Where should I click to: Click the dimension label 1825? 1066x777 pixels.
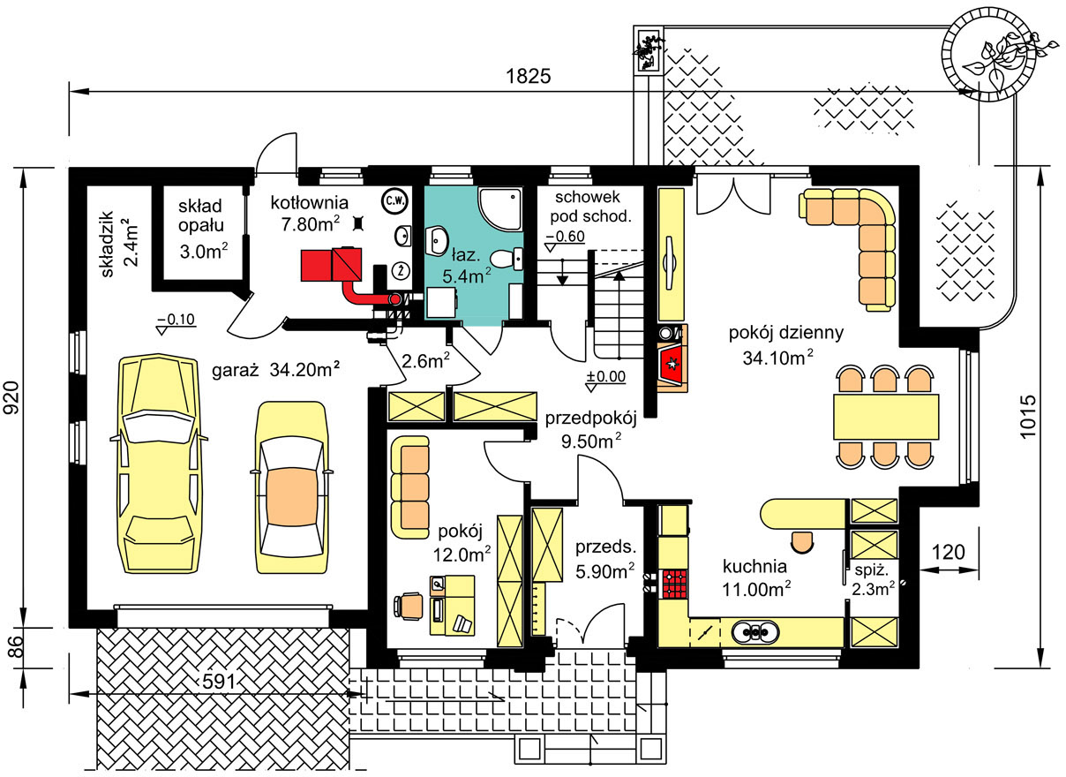pos(528,76)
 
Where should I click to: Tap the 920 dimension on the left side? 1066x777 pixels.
pos(11,397)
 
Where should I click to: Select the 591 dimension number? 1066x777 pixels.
pos(220,682)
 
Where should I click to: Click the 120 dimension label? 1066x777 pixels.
pos(948,552)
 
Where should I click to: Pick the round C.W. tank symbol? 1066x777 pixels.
pos(395,200)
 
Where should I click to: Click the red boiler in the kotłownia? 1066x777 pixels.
pos(331,264)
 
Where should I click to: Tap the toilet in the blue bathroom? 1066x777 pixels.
pos(506,260)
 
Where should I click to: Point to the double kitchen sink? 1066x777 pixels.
pos(755,633)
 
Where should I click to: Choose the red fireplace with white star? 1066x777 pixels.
pos(672,364)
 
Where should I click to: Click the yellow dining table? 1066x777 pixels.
pos(886,417)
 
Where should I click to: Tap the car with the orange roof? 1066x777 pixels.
pos(291,487)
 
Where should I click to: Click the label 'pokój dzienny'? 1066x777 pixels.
pos(786,332)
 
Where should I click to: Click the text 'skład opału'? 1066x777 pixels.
pos(200,215)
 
